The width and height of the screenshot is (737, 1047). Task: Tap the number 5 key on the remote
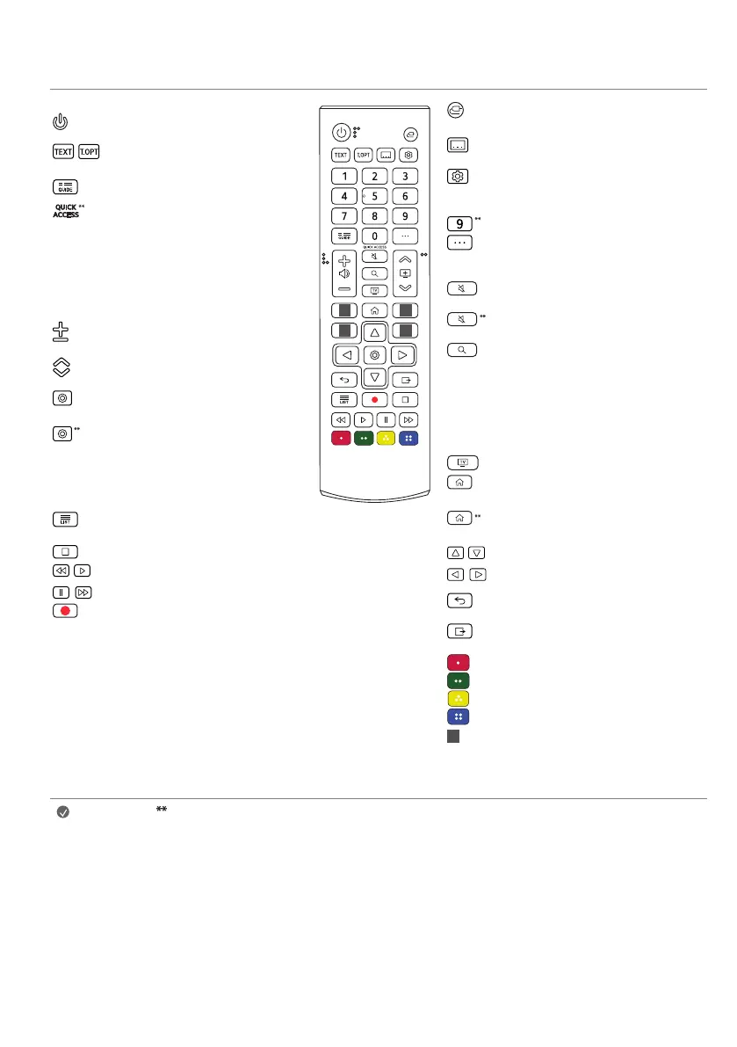(x=375, y=196)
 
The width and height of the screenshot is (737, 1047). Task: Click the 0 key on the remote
(x=375, y=236)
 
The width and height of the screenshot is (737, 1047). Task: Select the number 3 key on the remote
(x=405, y=176)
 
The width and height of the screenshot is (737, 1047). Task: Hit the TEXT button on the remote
(x=340, y=154)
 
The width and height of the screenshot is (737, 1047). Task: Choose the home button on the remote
(x=375, y=309)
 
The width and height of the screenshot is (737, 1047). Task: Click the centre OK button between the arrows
(x=375, y=355)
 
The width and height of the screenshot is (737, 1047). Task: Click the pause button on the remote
(x=386, y=419)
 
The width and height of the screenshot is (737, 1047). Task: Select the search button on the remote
(x=375, y=273)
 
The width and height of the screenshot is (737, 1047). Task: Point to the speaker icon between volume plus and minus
(x=344, y=273)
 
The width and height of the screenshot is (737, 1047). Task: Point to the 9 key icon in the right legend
(x=460, y=223)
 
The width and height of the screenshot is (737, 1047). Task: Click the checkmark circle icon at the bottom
(x=63, y=813)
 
